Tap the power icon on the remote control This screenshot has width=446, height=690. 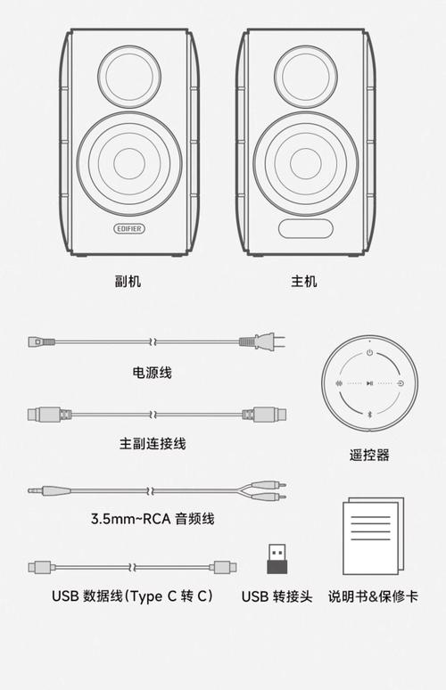point(369,353)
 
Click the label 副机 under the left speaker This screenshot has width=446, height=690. point(128,281)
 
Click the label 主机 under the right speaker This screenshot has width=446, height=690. point(304,281)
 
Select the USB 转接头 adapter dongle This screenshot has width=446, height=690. point(277,558)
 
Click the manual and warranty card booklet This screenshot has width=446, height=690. point(372,538)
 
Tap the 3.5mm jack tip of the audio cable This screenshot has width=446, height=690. point(34,489)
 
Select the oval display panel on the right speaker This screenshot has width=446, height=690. point(305,228)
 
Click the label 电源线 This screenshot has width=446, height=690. point(152,373)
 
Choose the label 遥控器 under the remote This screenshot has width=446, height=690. point(369,455)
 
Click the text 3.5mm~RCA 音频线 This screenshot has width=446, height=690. point(153,518)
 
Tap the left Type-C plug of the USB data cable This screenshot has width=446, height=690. point(41,566)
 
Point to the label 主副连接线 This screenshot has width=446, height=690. point(153,443)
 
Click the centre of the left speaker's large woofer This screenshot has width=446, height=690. point(128,163)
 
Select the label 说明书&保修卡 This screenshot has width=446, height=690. point(372,596)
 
